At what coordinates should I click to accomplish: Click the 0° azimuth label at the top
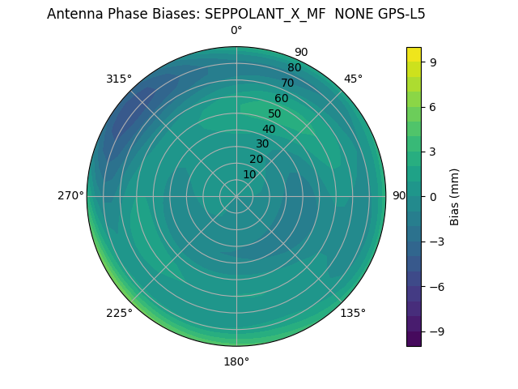[236, 31]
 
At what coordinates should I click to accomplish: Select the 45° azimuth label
[353, 79]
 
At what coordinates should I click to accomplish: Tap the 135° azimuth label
[353, 313]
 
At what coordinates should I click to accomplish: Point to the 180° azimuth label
[236, 361]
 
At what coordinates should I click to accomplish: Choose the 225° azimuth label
[119, 313]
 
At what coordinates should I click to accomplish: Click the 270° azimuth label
[70, 196]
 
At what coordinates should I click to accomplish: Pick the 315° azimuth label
[119, 79]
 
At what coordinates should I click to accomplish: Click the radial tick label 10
[249, 174]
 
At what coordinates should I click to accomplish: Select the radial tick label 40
[269, 129]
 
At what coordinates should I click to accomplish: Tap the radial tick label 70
[288, 83]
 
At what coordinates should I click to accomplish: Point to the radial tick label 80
[295, 68]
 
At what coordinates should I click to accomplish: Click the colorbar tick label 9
[432, 61]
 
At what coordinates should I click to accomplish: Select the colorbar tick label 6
[432, 106]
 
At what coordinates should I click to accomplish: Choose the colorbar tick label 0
[432, 196]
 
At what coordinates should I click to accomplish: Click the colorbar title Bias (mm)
[455, 196]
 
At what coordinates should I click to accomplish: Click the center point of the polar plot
[236, 196]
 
